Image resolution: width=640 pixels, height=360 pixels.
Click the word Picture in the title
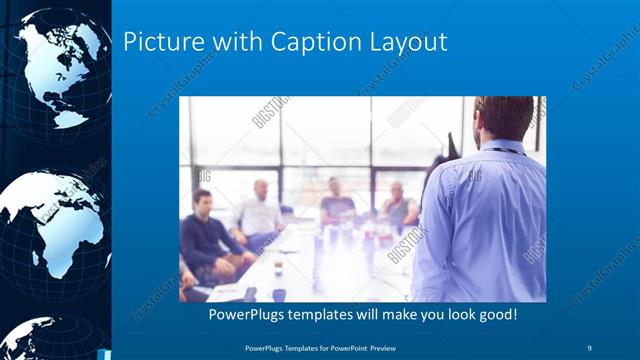pos(160,43)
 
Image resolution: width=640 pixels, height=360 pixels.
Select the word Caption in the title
pos(299,43)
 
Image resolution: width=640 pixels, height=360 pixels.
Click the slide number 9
pos(590,346)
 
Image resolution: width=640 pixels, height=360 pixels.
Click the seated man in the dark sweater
pos(208,235)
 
